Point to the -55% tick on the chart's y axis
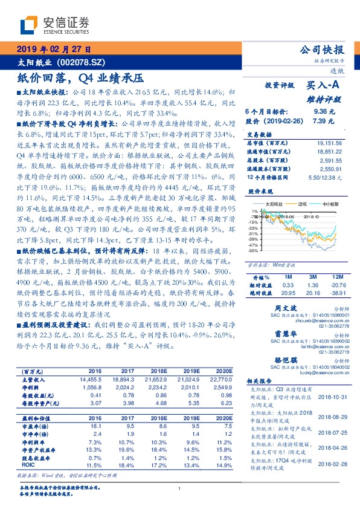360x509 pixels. [x=253, y=250]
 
